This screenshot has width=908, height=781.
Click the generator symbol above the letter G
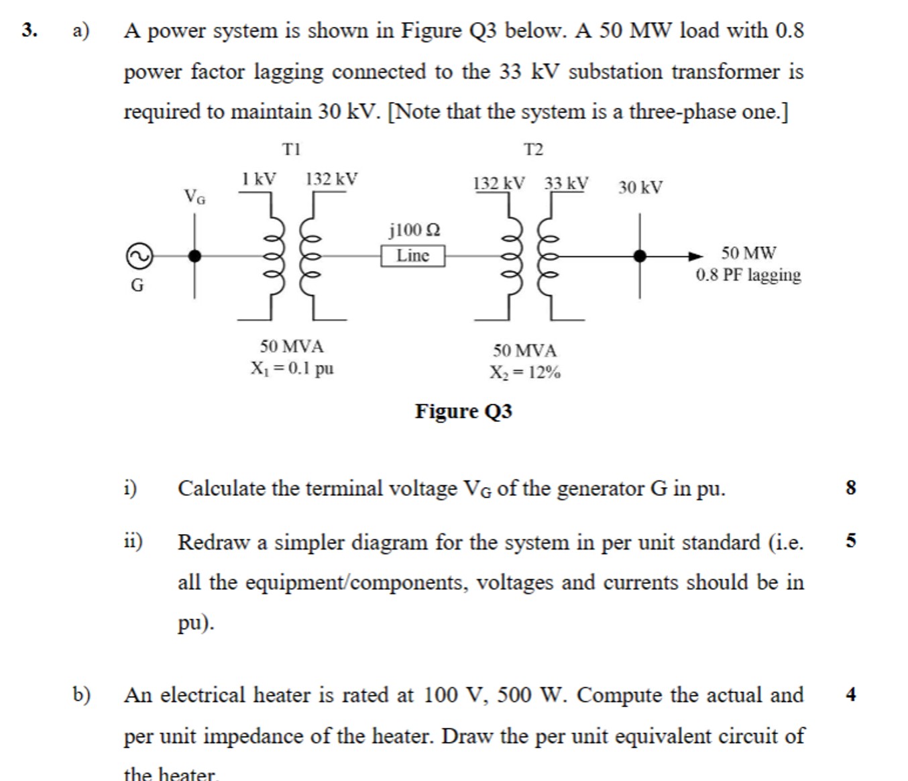pyautogui.click(x=139, y=256)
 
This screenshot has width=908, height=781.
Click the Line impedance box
pyautogui.click(x=412, y=256)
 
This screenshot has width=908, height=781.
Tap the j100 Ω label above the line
pyautogui.click(x=414, y=230)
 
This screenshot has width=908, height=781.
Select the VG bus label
pyautogui.click(x=194, y=197)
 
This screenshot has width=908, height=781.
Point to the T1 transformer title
pyautogui.click(x=292, y=149)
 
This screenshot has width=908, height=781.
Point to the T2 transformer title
pyautogui.click(x=533, y=150)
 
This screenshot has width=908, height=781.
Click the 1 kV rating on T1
pyautogui.click(x=258, y=179)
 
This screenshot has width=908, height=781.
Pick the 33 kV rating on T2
pyautogui.click(x=566, y=183)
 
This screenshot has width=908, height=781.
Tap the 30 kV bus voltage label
pyautogui.click(x=640, y=187)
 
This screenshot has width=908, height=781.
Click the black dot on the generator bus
pyautogui.click(x=194, y=256)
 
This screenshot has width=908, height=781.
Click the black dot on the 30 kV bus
pyautogui.click(x=640, y=256)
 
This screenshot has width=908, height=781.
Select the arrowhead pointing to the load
pyautogui.click(x=695, y=256)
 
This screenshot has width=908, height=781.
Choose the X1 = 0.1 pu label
pyautogui.click(x=292, y=368)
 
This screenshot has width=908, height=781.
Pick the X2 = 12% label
pyautogui.click(x=524, y=372)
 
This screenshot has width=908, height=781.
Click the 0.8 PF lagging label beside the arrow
pyautogui.click(x=748, y=275)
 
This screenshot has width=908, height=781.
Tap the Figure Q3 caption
pyautogui.click(x=463, y=411)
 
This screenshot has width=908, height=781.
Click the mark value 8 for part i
pyautogui.click(x=851, y=488)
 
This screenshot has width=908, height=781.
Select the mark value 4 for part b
pyautogui.click(x=851, y=694)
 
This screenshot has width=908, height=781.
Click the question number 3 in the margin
pyautogui.click(x=28, y=30)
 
